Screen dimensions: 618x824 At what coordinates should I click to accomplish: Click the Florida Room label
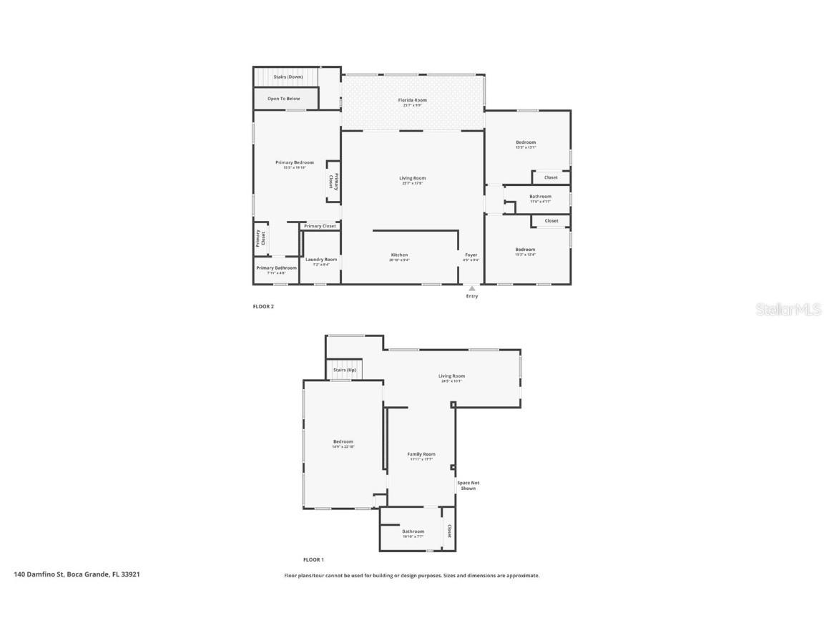[x=412, y=100]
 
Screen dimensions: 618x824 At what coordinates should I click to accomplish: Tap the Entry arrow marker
[x=471, y=288]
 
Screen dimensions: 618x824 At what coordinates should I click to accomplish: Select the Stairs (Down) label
[x=288, y=77]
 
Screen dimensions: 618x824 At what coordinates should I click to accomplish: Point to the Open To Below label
[x=284, y=99]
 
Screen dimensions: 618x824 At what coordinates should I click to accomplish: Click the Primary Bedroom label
[x=294, y=162]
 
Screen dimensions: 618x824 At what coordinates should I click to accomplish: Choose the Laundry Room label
[x=320, y=260]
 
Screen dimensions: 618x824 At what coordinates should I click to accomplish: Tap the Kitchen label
[x=399, y=255]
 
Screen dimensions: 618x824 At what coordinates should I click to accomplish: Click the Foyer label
[x=471, y=255]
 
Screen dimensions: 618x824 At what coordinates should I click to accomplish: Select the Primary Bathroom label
[x=276, y=268]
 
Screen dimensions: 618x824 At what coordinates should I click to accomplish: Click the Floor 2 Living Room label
[x=412, y=178]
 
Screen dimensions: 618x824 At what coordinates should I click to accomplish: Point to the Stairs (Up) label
[x=345, y=370]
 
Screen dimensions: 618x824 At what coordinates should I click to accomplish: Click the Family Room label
[x=421, y=454]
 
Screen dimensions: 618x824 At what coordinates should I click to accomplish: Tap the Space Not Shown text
[x=469, y=486]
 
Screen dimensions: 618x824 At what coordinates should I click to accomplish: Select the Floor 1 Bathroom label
[x=413, y=531]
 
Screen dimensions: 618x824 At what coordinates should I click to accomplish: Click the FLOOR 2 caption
[x=263, y=306]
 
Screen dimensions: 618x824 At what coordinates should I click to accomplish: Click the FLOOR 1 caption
[x=313, y=559]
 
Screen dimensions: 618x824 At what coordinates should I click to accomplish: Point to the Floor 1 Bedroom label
[x=343, y=442]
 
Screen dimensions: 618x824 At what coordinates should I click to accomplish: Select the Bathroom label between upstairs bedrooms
[x=540, y=197]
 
